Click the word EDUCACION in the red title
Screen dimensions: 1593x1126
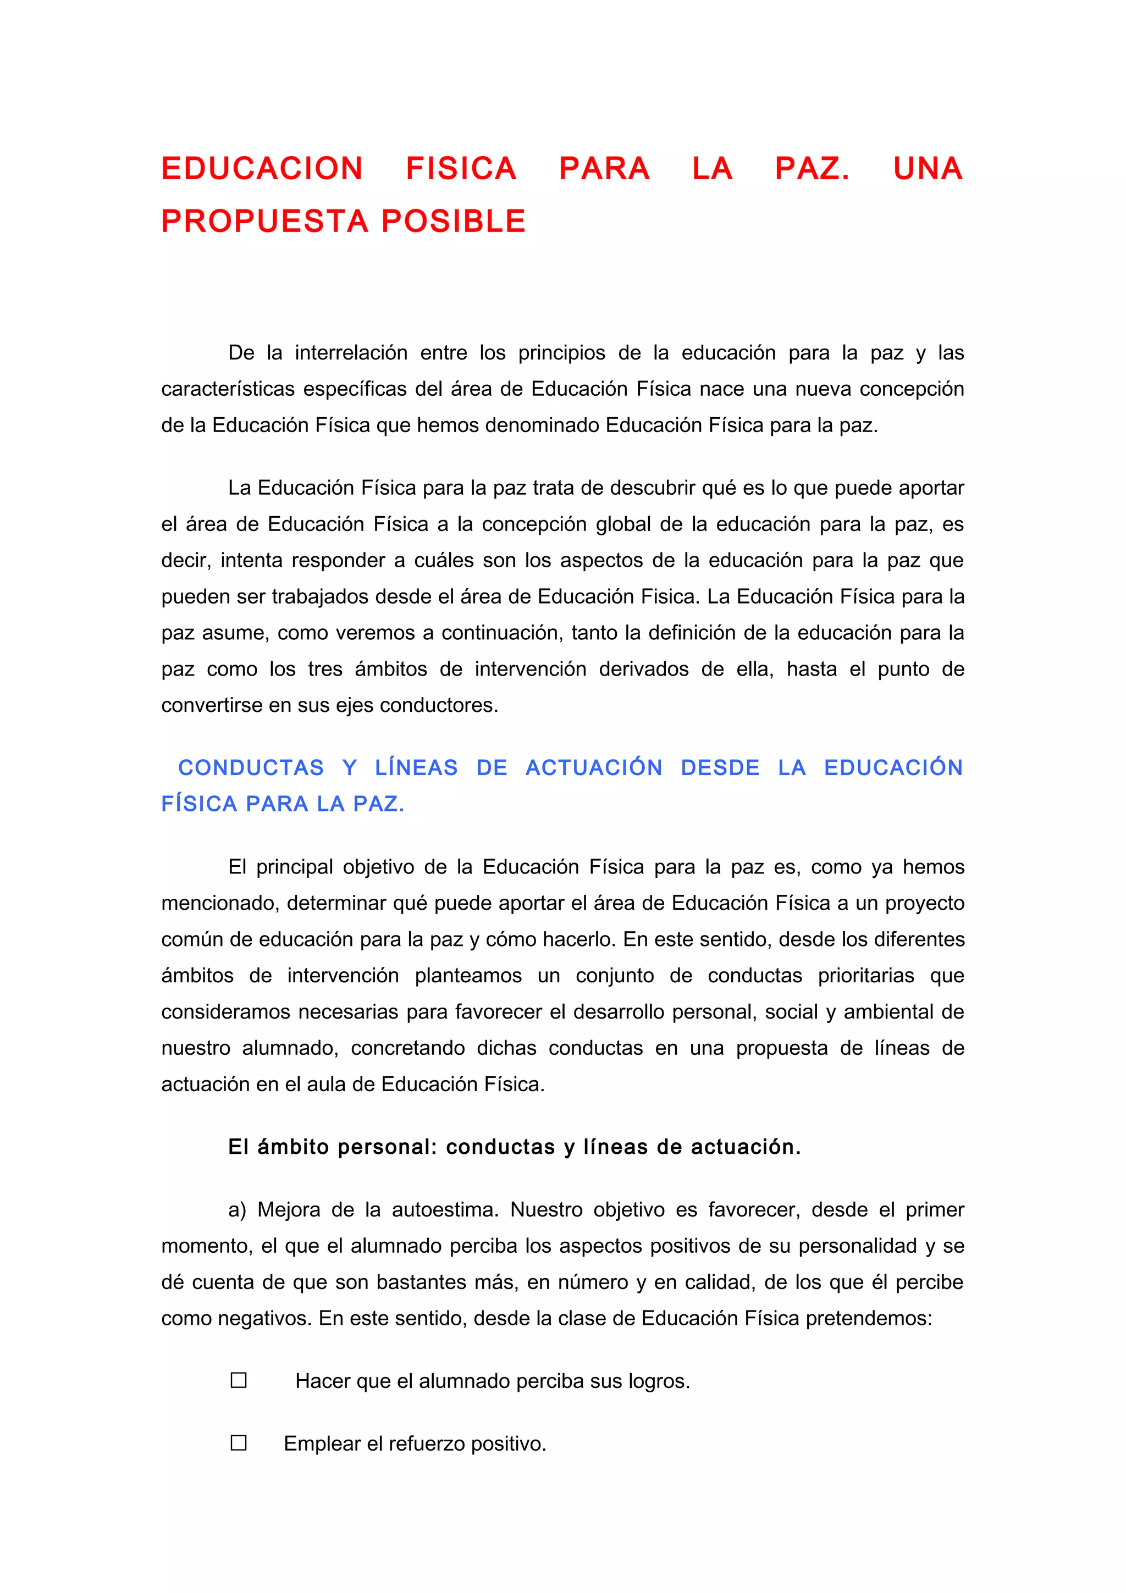pyautogui.click(x=262, y=169)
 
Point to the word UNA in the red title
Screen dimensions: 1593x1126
pyautogui.click(x=928, y=169)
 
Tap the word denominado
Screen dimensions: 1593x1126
pyautogui.click(x=541, y=425)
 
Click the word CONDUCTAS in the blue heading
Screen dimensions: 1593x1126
pyautogui.click(x=251, y=768)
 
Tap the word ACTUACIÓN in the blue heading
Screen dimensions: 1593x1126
pyautogui.click(x=593, y=768)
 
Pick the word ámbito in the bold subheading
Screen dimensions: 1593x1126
pyautogui.click(x=294, y=1147)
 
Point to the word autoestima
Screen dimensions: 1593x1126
pyautogui.click(x=444, y=1210)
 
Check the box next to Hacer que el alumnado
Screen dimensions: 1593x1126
pyautogui.click(x=239, y=1381)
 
